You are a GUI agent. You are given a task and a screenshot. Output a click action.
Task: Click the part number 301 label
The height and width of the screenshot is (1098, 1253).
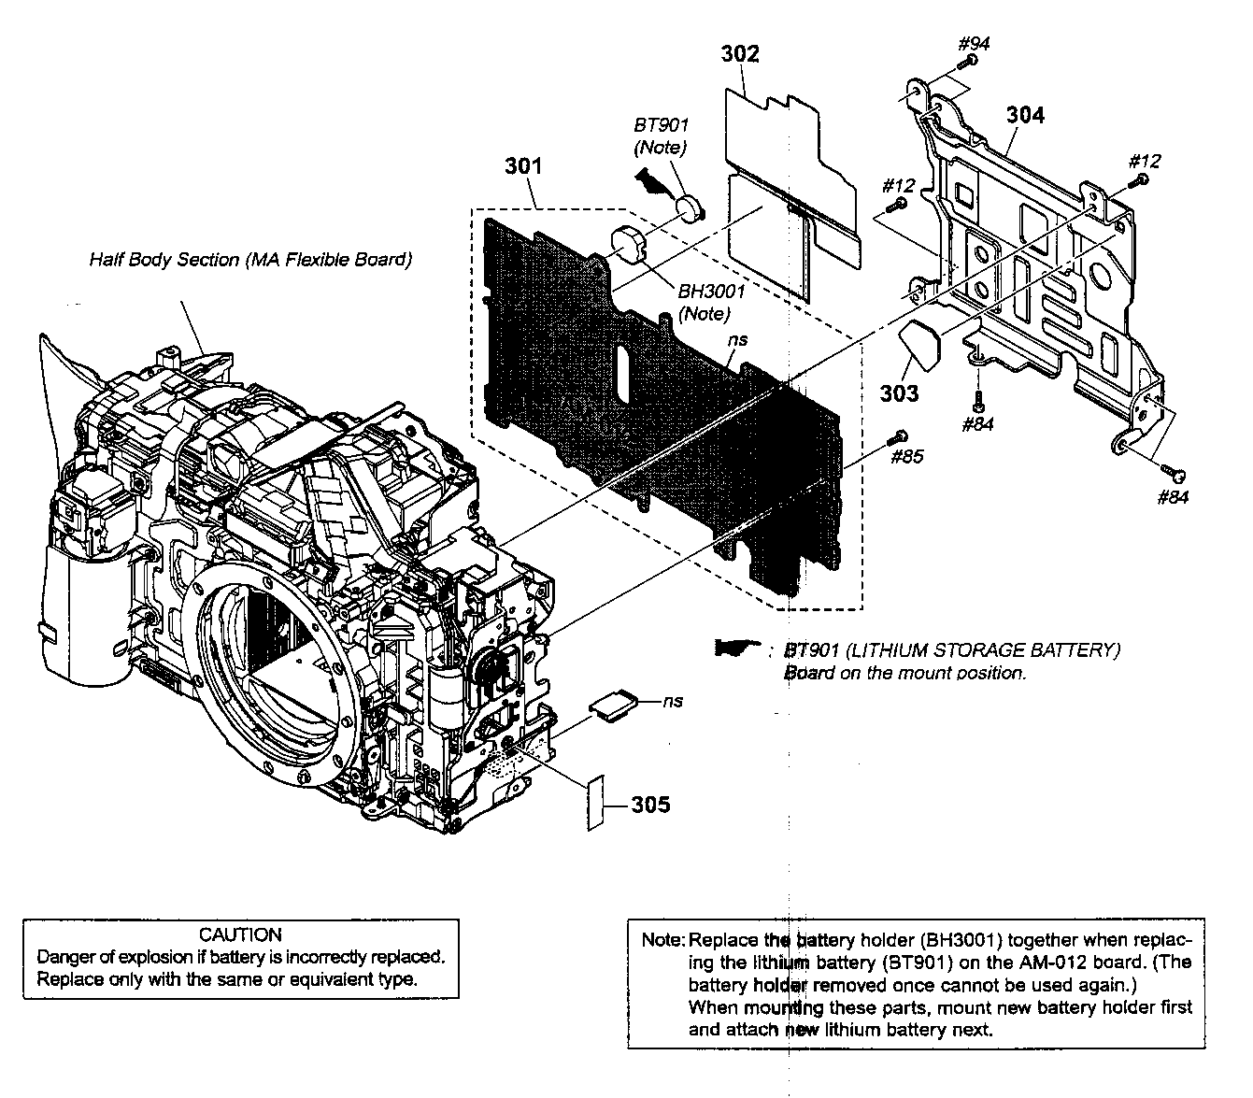point(523,166)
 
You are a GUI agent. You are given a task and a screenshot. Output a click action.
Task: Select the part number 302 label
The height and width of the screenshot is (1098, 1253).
point(740,54)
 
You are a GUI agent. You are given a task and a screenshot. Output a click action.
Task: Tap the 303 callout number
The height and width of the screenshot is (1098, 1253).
point(899,393)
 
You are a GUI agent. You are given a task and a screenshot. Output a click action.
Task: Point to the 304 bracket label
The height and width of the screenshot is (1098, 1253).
point(1025,115)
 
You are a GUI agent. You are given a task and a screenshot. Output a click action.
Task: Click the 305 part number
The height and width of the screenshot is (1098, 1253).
point(650,805)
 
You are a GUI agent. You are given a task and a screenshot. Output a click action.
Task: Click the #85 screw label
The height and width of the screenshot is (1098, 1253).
point(906,457)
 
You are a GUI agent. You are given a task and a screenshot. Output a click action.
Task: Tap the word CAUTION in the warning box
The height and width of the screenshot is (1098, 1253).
point(240,934)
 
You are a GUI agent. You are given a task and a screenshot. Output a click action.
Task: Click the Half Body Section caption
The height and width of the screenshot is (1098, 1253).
point(250,260)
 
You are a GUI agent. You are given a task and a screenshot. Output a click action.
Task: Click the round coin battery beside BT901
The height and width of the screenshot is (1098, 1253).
point(691,206)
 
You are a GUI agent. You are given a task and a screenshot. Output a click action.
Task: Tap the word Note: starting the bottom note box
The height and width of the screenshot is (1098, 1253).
point(663,940)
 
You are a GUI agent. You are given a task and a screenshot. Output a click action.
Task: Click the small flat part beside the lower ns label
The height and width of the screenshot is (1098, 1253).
point(613,703)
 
